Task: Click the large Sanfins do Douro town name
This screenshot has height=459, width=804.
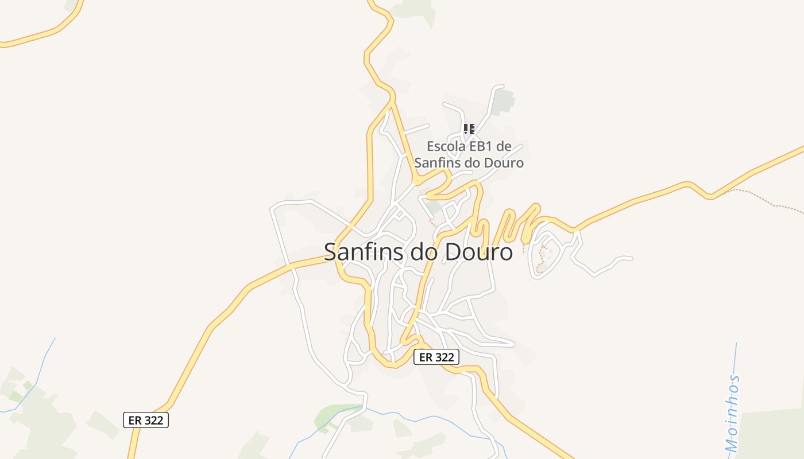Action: tap(418, 252)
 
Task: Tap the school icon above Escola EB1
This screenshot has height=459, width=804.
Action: tap(469, 129)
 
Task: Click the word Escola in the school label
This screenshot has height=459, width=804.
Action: tap(446, 147)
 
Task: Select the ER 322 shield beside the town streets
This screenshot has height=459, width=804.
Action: tap(436, 357)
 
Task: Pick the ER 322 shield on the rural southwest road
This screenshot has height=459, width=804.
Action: tap(146, 420)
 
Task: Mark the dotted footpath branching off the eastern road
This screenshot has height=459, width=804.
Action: tap(758, 198)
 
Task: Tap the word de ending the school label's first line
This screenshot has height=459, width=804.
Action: tap(503, 147)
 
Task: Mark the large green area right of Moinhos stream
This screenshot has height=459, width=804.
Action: tap(772, 433)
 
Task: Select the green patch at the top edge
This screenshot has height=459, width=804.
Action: tap(413, 8)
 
